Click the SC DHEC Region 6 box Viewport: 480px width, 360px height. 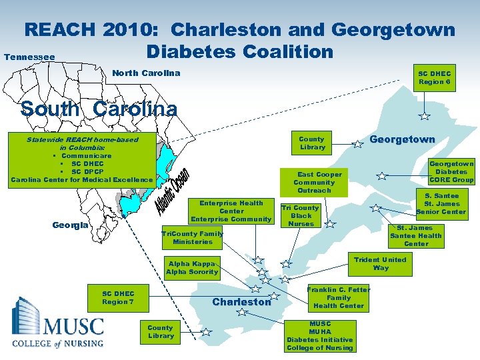pyautogui.click(x=434, y=78)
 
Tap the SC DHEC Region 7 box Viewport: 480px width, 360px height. pyautogui.click(x=118, y=298)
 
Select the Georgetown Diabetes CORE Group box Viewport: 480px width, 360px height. pyautogui.click(x=451, y=171)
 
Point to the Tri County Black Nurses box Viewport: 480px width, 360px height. pyautogui.click(x=301, y=216)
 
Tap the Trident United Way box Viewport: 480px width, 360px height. pyautogui.click(x=380, y=264)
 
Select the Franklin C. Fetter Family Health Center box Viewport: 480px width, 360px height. pyautogui.click(x=339, y=297)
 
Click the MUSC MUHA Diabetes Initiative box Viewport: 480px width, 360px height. pyautogui.click(x=320, y=336)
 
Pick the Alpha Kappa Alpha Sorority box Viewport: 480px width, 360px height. pyautogui.click(x=192, y=268)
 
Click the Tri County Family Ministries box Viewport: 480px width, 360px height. pyautogui.click(x=193, y=238)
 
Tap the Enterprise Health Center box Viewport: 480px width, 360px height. pyautogui.click(x=231, y=211)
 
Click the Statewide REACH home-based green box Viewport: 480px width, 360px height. pyautogui.click(x=82, y=159)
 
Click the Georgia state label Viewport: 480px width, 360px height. pyautogui.click(x=70, y=225)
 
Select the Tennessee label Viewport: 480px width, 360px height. pyautogui.click(x=29, y=57)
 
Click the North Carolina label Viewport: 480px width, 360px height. pyautogui.click(x=146, y=73)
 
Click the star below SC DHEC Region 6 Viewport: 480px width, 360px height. pyautogui.click(x=424, y=117)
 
